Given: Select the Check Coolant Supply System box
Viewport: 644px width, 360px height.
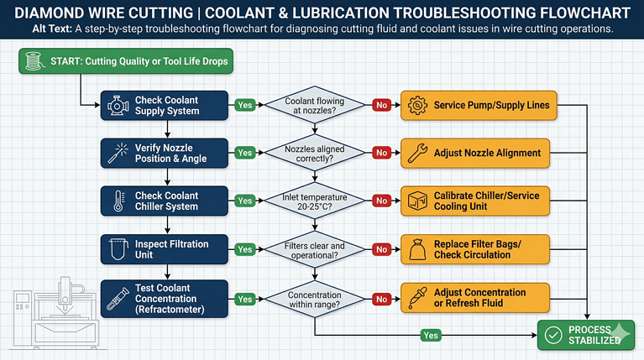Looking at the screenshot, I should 166,106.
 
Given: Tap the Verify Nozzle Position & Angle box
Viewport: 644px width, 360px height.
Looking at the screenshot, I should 166,154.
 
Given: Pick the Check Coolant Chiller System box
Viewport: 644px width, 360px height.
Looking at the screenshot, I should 166,201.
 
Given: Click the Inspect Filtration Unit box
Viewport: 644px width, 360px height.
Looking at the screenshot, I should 166,249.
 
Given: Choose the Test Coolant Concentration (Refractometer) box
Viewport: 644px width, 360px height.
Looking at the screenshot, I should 166,299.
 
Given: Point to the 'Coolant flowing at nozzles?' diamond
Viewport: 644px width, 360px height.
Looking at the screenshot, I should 314,106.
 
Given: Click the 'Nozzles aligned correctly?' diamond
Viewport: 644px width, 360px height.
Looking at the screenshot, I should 314,154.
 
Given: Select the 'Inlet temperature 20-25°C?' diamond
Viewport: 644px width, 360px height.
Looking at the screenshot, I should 314,201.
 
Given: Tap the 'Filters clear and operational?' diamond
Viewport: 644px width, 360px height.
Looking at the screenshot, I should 314,249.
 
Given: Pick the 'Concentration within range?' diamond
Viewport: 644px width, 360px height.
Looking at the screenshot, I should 314,300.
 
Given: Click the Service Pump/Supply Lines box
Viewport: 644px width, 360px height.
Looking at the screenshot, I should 479,106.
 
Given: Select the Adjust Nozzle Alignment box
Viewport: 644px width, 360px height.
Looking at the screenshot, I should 479,154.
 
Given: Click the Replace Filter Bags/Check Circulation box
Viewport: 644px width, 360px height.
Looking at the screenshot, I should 479,249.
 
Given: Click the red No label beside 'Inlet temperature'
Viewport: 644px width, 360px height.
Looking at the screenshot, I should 381,201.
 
